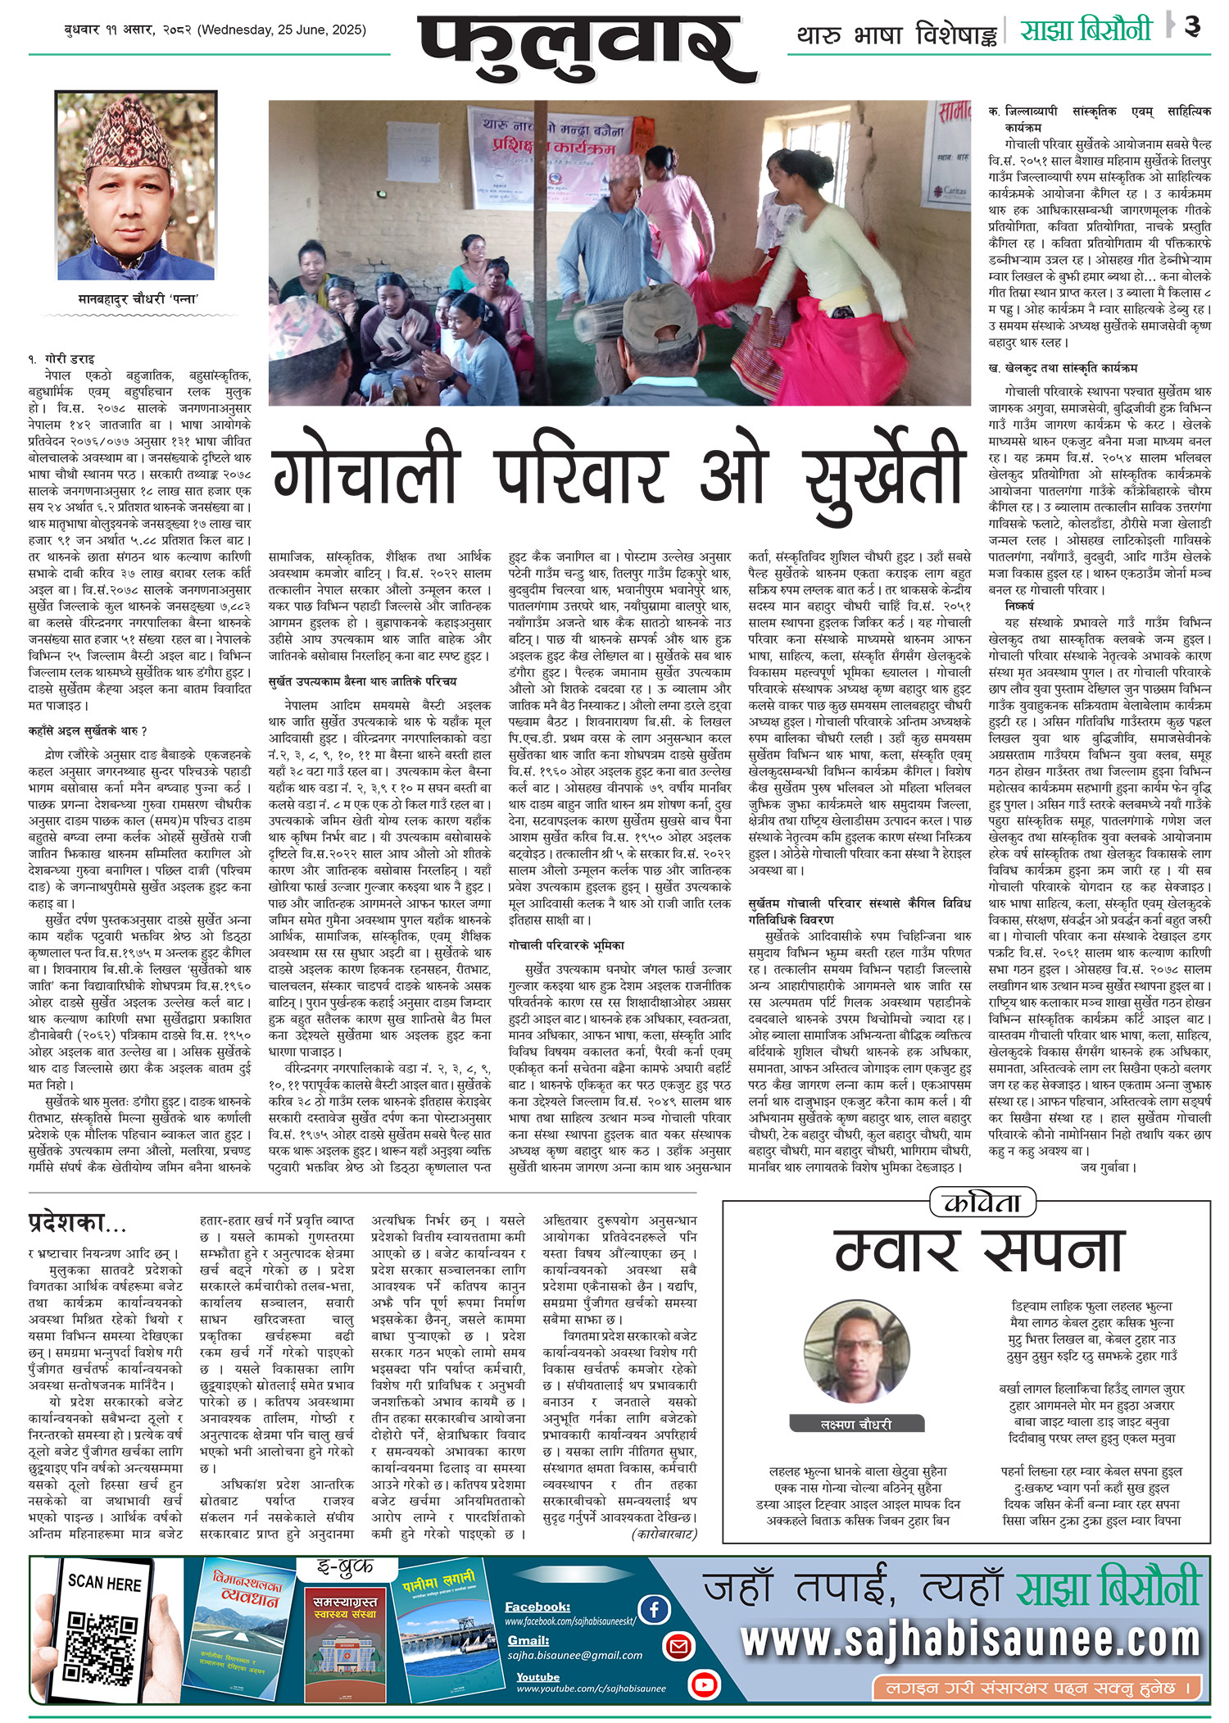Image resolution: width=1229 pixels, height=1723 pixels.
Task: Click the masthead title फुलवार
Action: [586, 49]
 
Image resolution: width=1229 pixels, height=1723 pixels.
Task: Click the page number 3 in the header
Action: [1192, 27]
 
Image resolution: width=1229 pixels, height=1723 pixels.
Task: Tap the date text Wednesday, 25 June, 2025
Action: [283, 30]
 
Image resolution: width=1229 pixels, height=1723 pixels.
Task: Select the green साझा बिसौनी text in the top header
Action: [1086, 30]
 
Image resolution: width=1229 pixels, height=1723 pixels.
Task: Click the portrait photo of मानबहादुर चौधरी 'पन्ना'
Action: [136, 187]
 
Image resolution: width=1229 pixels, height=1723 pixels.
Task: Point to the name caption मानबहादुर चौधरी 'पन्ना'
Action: [138, 299]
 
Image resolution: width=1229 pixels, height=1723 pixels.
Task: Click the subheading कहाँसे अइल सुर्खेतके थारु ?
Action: [88, 730]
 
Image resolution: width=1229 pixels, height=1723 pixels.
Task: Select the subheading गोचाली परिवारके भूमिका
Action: [566, 945]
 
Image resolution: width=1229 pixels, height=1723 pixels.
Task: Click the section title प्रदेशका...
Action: [77, 1223]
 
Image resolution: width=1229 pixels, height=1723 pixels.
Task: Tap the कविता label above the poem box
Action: [982, 1203]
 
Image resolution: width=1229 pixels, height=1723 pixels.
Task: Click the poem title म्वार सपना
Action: [978, 1251]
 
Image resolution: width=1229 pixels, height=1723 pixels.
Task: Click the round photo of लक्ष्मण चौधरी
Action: [856, 1353]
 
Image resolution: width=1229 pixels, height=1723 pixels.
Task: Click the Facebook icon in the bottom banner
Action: [654, 1609]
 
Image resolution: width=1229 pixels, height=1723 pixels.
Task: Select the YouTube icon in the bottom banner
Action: [704, 1684]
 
